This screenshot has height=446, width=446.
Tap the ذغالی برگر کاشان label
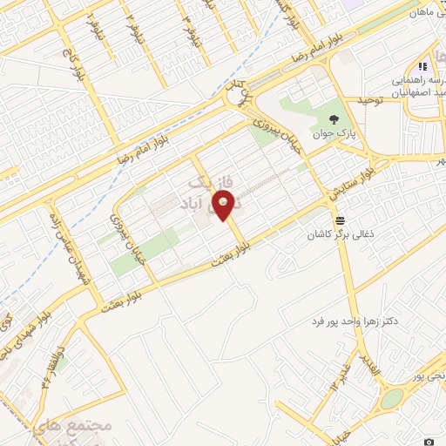pyautogui.click(x=340, y=236)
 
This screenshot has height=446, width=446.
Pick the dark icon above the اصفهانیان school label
pyautogui.click(x=422, y=66)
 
